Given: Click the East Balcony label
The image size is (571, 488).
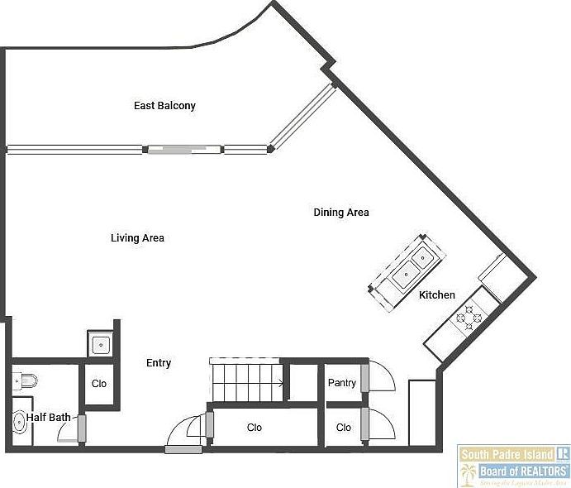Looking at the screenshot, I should tap(164, 106).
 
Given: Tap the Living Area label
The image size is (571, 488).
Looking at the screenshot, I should tap(137, 238).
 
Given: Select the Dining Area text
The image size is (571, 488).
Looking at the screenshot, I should tap(340, 213).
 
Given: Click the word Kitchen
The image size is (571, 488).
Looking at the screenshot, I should tap(436, 295).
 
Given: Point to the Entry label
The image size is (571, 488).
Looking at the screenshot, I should tap(159, 363).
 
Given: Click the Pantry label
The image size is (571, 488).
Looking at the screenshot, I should tap(342, 383).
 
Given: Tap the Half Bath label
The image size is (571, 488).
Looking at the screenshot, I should tap(49, 418).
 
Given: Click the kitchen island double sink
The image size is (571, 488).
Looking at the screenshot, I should tap(411, 265).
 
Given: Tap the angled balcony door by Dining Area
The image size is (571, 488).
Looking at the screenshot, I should tap(302, 115).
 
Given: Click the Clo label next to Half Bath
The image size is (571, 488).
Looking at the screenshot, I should tap(99, 384).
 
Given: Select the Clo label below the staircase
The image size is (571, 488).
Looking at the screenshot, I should tap(255, 428).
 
